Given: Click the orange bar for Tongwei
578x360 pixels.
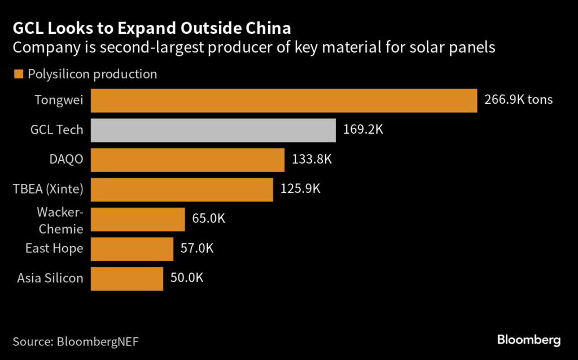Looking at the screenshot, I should (x=284, y=100).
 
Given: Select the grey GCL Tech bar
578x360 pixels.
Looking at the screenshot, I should (x=213, y=130).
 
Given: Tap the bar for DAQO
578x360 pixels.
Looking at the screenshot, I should (x=187, y=160).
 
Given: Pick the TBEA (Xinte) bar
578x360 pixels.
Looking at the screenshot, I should (x=182, y=189).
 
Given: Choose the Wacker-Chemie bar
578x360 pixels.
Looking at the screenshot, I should (x=138, y=219).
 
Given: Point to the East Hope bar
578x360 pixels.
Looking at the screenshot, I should (x=132, y=249).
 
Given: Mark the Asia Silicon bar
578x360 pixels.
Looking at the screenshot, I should (x=127, y=279).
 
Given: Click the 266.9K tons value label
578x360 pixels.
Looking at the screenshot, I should (x=518, y=100).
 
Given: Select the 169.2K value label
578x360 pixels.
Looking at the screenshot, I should (x=363, y=130).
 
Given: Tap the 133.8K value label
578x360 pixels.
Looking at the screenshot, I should (x=312, y=160).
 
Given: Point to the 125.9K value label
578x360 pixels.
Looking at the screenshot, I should (x=300, y=189).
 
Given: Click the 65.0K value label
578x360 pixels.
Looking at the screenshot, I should (x=208, y=219).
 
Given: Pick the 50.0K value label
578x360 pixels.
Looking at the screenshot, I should (x=187, y=278).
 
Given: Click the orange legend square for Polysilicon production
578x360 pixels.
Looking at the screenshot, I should (x=17, y=74).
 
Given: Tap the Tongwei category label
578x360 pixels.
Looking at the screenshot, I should (x=59, y=100).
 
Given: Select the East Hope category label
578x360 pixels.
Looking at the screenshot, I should (x=54, y=249).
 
